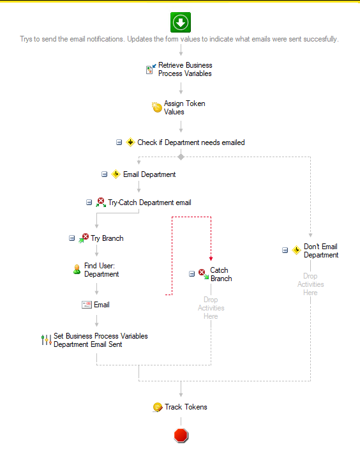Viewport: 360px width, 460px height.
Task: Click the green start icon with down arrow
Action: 181,22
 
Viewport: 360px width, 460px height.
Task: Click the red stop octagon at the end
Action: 181,435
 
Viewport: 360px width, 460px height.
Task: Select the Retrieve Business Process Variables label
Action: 185,69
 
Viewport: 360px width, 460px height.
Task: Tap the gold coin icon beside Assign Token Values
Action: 157,107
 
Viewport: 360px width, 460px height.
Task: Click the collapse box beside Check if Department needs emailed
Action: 119,142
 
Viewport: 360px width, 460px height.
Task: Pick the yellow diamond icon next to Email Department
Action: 116,174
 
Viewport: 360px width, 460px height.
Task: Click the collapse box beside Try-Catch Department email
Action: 89,203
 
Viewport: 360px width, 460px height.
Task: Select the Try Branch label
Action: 107,238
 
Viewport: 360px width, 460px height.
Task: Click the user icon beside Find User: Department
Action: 77,270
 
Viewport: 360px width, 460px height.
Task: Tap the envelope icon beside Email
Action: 86,305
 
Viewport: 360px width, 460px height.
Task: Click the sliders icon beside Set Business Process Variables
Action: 47,340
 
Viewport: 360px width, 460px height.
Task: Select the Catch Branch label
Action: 221,274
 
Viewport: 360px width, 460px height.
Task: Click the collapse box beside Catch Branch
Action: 191,273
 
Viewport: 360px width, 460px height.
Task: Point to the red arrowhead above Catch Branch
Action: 211,259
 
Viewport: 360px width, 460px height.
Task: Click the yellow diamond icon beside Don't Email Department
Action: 296,250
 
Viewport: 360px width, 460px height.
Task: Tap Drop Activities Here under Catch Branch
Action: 211,308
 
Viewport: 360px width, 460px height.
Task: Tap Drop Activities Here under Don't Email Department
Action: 310,284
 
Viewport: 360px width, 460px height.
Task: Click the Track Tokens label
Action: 186,407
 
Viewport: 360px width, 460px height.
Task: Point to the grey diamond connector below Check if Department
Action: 181,157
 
